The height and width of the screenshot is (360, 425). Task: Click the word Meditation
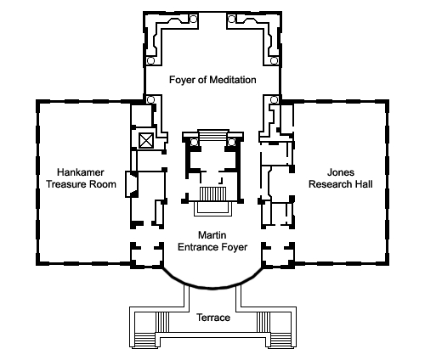coord(233,80)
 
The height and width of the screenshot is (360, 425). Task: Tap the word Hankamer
coord(81,172)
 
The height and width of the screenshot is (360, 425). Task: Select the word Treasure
coord(66,184)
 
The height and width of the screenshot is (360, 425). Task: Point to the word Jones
coord(341,172)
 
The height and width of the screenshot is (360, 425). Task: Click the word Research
coord(329,184)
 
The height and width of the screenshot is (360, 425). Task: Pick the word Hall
coord(363,184)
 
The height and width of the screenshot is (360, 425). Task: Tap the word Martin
coord(212,235)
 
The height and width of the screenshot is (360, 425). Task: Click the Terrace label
coord(213,318)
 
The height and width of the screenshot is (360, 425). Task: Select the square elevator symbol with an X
coord(146,140)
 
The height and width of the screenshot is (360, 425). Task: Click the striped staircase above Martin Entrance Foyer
coord(213,194)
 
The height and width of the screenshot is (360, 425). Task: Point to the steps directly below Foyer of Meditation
coord(213,135)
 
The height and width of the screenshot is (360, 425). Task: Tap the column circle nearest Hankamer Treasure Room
coord(150,99)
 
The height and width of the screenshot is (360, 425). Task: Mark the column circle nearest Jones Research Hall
coord(274,99)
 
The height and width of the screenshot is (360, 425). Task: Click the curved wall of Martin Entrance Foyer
coord(212,289)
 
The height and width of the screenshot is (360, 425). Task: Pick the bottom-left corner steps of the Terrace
coord(144,340)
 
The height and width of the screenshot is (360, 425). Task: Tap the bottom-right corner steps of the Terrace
coord(281,340)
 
